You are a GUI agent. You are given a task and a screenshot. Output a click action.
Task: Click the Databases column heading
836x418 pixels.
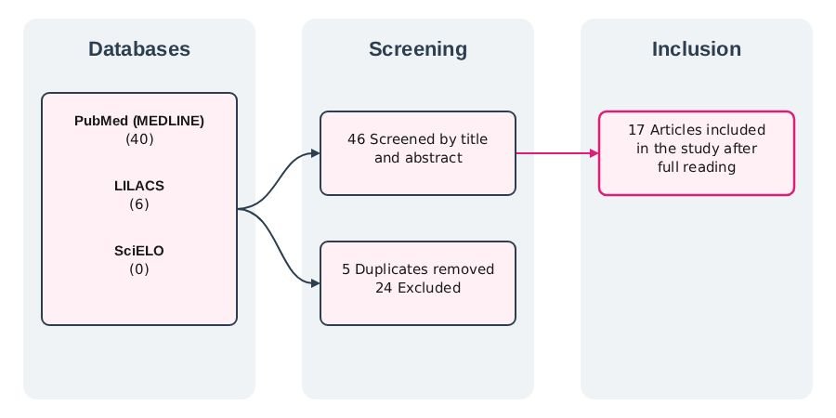(139, 49)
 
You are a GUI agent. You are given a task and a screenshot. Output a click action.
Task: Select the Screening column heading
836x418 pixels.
(418, 49)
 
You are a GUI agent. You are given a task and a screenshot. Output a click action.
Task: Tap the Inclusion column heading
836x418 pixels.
(697, 49)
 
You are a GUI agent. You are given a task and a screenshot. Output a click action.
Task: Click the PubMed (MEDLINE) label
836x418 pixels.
(139, 121)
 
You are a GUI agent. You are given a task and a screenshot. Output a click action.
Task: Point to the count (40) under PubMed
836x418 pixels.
(139, 139)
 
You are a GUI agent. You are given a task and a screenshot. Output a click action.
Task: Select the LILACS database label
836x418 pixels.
(139, 186)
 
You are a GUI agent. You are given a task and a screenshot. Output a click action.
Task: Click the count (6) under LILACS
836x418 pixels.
(139, 204)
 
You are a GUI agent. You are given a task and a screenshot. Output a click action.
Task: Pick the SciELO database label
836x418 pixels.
(139, 251)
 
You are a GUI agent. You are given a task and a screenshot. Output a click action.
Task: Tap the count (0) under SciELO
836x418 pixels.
(139, 269)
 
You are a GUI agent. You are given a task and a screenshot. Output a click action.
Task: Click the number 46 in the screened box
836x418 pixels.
(356, 139)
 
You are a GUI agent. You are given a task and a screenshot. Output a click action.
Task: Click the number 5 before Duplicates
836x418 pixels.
(346, 269)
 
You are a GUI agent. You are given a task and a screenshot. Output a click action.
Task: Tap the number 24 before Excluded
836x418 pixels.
(384, 288)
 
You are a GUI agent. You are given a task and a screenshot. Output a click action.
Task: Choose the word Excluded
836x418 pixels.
(429, 288)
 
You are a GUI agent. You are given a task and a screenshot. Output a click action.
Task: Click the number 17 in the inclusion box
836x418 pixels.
(636, 130)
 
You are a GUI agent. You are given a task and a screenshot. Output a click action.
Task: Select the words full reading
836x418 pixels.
(697, 167)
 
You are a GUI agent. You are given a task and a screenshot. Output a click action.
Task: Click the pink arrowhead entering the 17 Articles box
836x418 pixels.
(594, 153)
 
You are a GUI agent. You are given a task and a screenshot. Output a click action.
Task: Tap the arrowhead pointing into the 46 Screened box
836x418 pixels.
(316, 153)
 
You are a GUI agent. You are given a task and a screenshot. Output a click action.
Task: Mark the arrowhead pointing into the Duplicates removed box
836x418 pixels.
(316, 283)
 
